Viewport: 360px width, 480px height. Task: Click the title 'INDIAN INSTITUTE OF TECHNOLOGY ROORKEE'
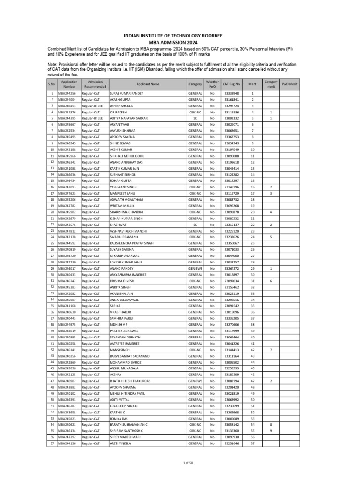(180, 35)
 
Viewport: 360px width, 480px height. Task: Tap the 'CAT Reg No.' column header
(232, 84)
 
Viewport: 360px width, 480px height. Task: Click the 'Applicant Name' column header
(148, 84)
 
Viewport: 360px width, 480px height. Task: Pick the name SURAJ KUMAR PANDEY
(126, 94)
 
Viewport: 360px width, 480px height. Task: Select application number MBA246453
(67, 106)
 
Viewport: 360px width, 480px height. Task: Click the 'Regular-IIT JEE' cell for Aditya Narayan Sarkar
(92, 118)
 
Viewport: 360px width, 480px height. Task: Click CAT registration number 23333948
(232, 94)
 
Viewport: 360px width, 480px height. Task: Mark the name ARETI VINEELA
(121, 443)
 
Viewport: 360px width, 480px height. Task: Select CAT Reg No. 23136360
(232, 430)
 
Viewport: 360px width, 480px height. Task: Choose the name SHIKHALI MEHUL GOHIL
(127, 156)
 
